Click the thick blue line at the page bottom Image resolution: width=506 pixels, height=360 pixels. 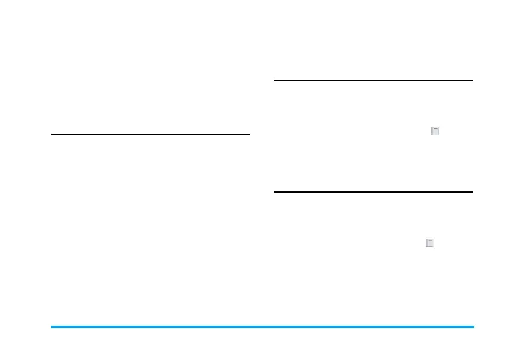(262, 327)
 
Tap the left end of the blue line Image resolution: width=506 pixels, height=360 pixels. (52, 327)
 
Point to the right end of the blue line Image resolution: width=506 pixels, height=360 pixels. (473, 327)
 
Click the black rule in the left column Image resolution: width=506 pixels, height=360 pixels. (150, 135)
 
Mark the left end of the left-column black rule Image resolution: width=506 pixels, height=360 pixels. (53, 135)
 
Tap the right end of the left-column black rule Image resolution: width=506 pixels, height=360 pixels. (249, 135)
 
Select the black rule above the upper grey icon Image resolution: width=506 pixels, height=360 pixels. (373, 80)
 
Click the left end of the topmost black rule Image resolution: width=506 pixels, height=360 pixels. (275, 80)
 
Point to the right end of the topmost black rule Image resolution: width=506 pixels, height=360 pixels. (472, 80)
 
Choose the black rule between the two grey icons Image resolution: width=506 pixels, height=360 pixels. (373, 192)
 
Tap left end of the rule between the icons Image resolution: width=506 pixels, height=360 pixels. (275, 192)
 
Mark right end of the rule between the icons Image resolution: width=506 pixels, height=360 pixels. (472, 192)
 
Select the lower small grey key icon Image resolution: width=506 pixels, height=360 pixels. (429, 243)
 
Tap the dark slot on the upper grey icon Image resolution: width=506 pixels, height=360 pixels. (435, 129)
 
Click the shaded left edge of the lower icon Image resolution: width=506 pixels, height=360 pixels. (426, 243)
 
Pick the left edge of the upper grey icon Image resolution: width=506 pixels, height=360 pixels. (431, 130)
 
